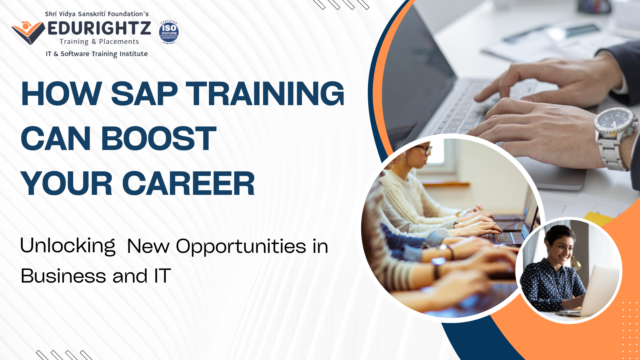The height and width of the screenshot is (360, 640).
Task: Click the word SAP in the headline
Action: (144, 94)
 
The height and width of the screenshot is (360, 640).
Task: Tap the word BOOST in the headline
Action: (159, 139)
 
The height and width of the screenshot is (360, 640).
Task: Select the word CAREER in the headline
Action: (189, 184)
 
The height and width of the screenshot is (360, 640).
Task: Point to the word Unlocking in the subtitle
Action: (68, 246)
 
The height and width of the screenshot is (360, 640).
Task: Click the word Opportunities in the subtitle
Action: (241, 247)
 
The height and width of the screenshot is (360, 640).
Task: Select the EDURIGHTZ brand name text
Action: (99, 28)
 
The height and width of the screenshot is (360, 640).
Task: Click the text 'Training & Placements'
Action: (99, 42)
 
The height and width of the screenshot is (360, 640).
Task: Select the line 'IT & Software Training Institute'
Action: (97, 54)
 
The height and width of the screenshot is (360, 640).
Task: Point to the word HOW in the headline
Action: (61, 94)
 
